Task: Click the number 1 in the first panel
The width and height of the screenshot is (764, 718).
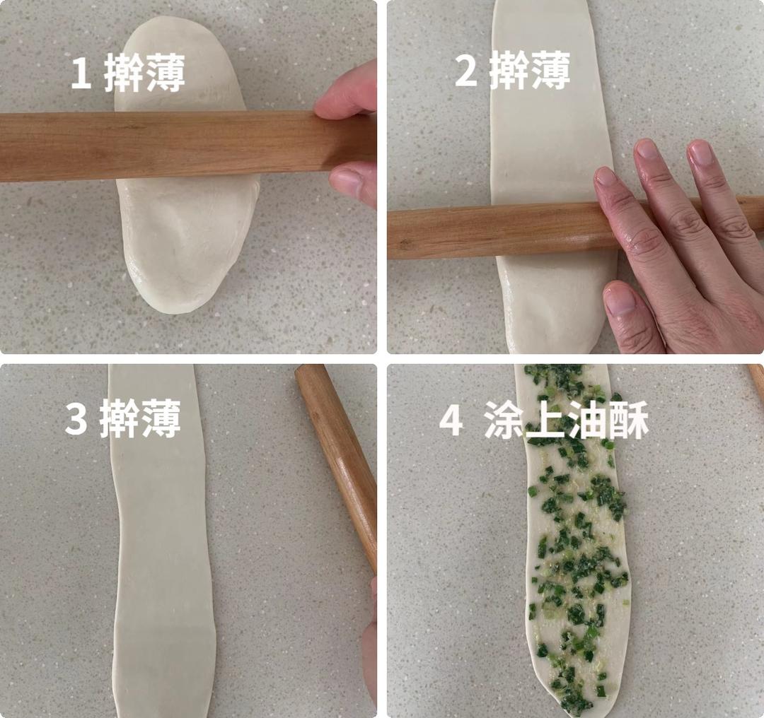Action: point(81,74)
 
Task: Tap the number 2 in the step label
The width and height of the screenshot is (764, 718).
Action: point(465,71)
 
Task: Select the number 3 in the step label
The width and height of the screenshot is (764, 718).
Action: point(76,418)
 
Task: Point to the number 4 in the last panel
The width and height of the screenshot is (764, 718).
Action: point(451,421)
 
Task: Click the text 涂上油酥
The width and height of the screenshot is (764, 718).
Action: point(566,421)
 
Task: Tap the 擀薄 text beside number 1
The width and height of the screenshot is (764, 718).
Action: point(144,74)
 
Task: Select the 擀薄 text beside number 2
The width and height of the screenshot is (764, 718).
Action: point(530,71)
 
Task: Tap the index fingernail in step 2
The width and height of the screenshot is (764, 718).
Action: point(606,177)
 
